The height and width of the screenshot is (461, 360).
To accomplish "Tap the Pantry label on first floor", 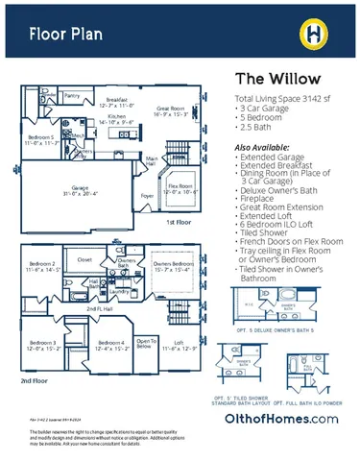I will tap(72, 96).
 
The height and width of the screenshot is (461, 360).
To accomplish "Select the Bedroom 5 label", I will tap(39, 139).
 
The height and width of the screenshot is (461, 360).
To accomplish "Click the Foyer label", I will tap(149, 194).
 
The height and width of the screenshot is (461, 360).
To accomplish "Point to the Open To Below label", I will tap(146, 344).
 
